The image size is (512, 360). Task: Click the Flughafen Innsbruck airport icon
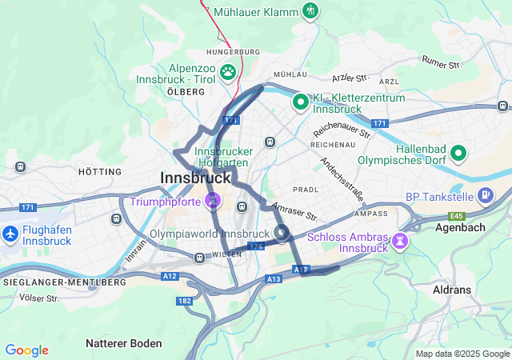pyautogui.click(x=10, y=234)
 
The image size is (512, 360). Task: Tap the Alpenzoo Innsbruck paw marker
pyautogui.click(x=228, y=72)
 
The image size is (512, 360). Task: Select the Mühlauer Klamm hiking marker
pyautogui.click(x=310, y=11)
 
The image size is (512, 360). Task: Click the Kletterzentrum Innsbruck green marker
pyautogui.click(x=300, y=102)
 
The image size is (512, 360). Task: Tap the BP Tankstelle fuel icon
pyautogui.click(x=485, y=195)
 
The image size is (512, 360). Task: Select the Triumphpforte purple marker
pyautogui.click(x=212, y=201)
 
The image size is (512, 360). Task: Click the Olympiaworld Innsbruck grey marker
pyautogui.click(x=282, y=233)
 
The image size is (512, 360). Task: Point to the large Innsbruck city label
pyautogui.click(x=195, y=178)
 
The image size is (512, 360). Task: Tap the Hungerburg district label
pyautogui.click(x=233, y=52)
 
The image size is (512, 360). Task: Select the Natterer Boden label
pyautogui.click(x=123, y=343)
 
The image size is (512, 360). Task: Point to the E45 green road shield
pyautogui.click(x=457, y=216)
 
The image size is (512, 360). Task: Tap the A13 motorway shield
pyautogui.click(x=274, y=278)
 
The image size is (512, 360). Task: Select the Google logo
pyautogui.click(x=26, y=350)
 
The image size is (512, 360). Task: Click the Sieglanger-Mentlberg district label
pyautogui.click(x=64, y=282)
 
